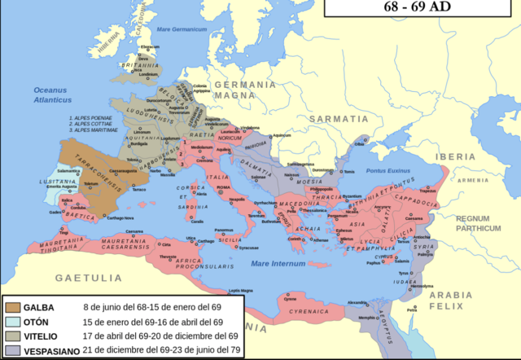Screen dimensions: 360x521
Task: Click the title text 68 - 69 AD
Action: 422,7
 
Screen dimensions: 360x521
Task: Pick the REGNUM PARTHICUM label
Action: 478,223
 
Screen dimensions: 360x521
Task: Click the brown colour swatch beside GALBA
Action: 13,307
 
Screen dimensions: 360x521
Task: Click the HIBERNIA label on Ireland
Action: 88,44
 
